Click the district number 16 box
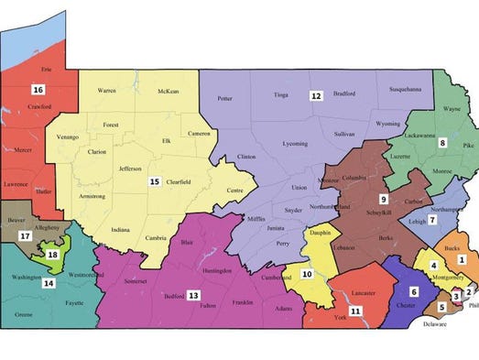(x=38, y=90)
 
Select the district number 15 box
(x=155, y=181)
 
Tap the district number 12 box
(x=316, y=95)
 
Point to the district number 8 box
(x=442, y=143)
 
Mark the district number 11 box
(x=354, y=311)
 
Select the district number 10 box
(x=308, y=273)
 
